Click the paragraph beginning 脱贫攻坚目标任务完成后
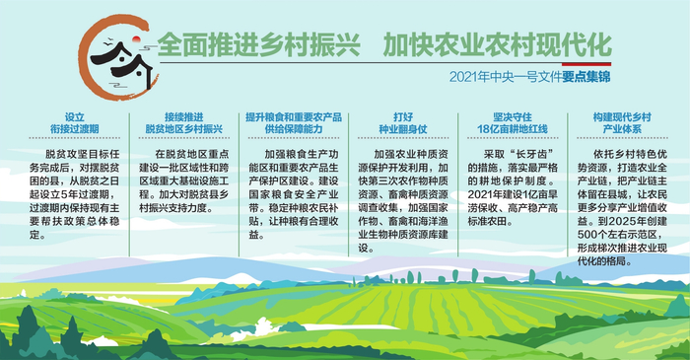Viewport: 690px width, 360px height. [x=74, y=188]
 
